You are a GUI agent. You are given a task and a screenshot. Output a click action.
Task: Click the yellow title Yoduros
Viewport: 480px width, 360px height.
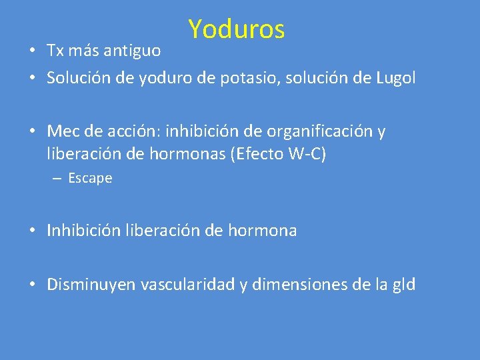236,29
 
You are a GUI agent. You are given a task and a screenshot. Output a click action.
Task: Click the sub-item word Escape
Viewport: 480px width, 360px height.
90,179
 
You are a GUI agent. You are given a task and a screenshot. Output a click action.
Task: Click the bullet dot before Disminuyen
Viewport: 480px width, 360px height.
32,285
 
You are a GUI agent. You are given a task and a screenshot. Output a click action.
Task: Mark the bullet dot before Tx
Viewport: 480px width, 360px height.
32,51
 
